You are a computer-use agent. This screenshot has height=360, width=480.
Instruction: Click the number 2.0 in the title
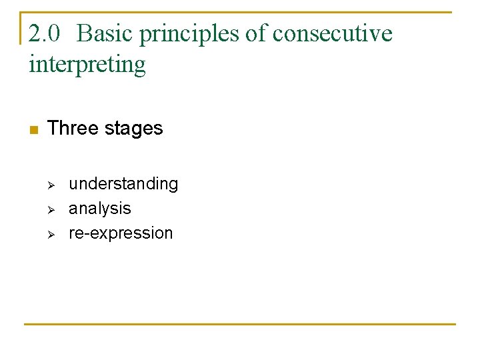pyautogui.click(x=45, y=33)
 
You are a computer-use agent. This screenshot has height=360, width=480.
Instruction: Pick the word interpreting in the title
pyautogui.click(x=87, y=65)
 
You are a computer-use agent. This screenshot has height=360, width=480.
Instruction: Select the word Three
pyautogui.click(x=72, y=128)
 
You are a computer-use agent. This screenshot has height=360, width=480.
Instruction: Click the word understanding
pyautogui.click(x=123, y=184)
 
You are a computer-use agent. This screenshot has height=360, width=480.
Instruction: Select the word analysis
pyautogui.click(x=100, y=209)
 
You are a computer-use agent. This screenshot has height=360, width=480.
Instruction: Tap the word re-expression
pyautogui.click(x=121, y=233)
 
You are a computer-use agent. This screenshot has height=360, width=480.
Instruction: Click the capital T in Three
pyautogui.click(x=53, y=128)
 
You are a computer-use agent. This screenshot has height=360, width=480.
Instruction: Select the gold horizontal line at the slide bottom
pyautogui.click(x=240, y=325)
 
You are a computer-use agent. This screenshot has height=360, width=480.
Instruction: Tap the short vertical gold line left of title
pyautogui.click(x=21, y=28)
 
